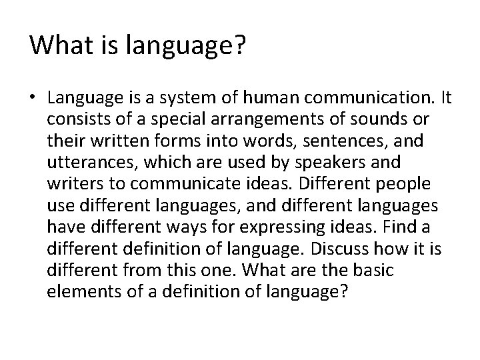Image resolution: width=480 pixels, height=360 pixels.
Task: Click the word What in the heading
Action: pyautogui.click(x=58, y=45)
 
